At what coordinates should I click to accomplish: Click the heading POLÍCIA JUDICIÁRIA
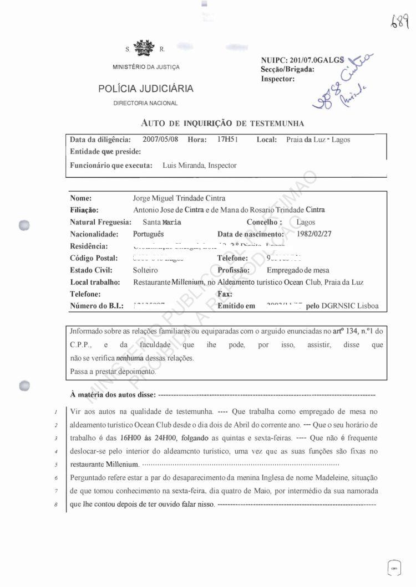146,89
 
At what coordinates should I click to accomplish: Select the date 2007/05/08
160,140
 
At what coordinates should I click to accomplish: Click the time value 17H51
228,140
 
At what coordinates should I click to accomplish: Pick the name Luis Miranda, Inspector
200,166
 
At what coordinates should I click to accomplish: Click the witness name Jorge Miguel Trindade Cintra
179,198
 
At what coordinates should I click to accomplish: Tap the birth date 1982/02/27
313,234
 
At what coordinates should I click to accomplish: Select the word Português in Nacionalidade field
149,234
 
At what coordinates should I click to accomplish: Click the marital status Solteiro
145,270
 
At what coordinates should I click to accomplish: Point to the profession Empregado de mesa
298,270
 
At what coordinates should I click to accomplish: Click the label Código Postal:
94,258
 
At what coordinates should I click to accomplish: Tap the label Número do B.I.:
97,306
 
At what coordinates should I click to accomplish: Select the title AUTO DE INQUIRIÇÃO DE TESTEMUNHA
222,123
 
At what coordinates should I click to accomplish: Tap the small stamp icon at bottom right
394,568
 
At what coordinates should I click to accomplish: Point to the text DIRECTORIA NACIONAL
145,104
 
